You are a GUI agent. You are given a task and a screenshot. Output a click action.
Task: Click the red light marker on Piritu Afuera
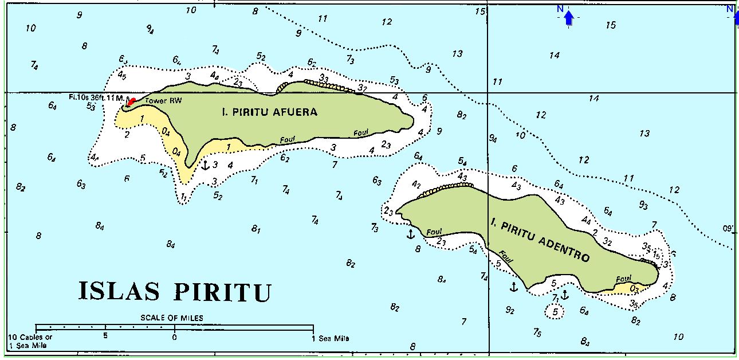click(x=131, y=101)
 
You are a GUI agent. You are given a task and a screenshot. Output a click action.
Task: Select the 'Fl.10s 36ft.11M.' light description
click(x=96, y=97)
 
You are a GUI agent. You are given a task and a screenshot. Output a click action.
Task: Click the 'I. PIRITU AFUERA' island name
click(x=269, y=112)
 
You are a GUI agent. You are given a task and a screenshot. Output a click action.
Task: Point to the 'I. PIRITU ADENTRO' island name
click(x=540, y=239)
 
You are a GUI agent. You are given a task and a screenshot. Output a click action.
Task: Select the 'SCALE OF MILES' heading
click(x=172, y=318)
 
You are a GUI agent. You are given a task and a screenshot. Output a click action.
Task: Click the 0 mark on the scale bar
click(x=174, y=337)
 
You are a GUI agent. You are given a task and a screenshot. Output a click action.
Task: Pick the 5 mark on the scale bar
click(x=105, y=337)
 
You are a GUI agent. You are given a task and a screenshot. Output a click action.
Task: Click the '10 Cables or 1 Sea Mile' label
click(x=30, y=341)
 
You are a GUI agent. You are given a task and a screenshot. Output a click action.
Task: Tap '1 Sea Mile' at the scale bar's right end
click(x=331, y=338)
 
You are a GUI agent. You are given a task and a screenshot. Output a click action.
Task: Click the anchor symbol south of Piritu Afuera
click(x=205, y=165)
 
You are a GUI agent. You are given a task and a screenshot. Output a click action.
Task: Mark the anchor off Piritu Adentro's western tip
click(x=410, y=234)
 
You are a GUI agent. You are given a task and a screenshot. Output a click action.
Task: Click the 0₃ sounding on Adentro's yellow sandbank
click(x=634, y=288)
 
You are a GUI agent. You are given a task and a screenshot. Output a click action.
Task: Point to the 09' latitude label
click(x=728, y=229)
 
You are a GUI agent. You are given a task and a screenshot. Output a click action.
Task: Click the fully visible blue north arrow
click(x=568, y=18)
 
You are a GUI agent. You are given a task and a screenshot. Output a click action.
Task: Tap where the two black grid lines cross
click(x=488, y=92)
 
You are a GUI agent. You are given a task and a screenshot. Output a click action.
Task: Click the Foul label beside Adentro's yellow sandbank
click(x=623, y=279)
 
